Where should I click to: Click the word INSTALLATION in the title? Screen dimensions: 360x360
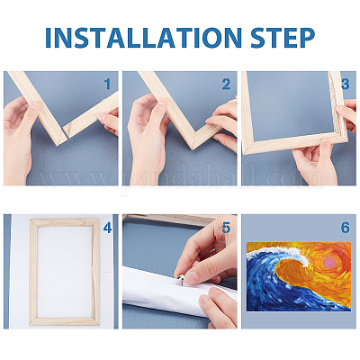click(143, 38)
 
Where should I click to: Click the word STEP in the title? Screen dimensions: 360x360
click(283, 38)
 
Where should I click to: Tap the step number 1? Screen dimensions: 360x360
click(107, 85)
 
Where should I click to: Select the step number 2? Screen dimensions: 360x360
click(226, 85)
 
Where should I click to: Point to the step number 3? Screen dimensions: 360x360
click(346, 85)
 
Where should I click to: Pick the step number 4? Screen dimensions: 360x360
click(107, 229)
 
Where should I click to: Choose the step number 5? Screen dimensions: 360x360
click(226, 229)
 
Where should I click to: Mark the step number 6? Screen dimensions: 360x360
click(346, 229)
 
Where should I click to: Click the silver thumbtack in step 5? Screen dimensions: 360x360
click(180, 279)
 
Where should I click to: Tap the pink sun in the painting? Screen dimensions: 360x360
click(329, 263)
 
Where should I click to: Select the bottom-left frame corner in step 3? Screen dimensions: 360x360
click(247, 148)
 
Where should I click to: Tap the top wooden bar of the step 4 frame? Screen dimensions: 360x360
click(65, 222)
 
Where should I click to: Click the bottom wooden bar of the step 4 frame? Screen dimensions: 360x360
click(65, 321)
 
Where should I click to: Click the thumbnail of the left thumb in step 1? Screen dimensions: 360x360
click(34, 106)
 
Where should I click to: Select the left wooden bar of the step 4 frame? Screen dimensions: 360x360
click(33, 272)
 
